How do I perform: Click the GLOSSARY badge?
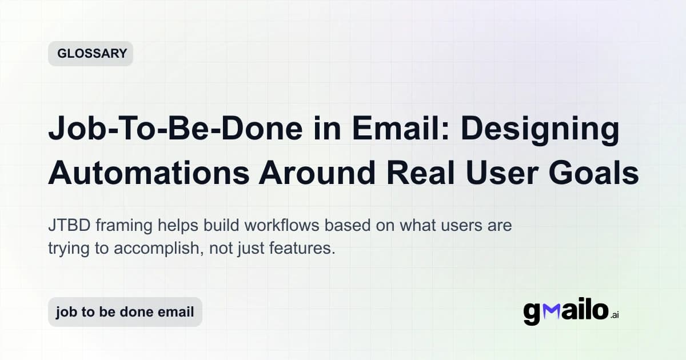[x=91, y=54]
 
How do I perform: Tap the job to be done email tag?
[x=125, y=312]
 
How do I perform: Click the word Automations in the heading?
[x=148, y=172]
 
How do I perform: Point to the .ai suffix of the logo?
[x=615, y=315]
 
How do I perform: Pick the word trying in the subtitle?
[x=66, y=250]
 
